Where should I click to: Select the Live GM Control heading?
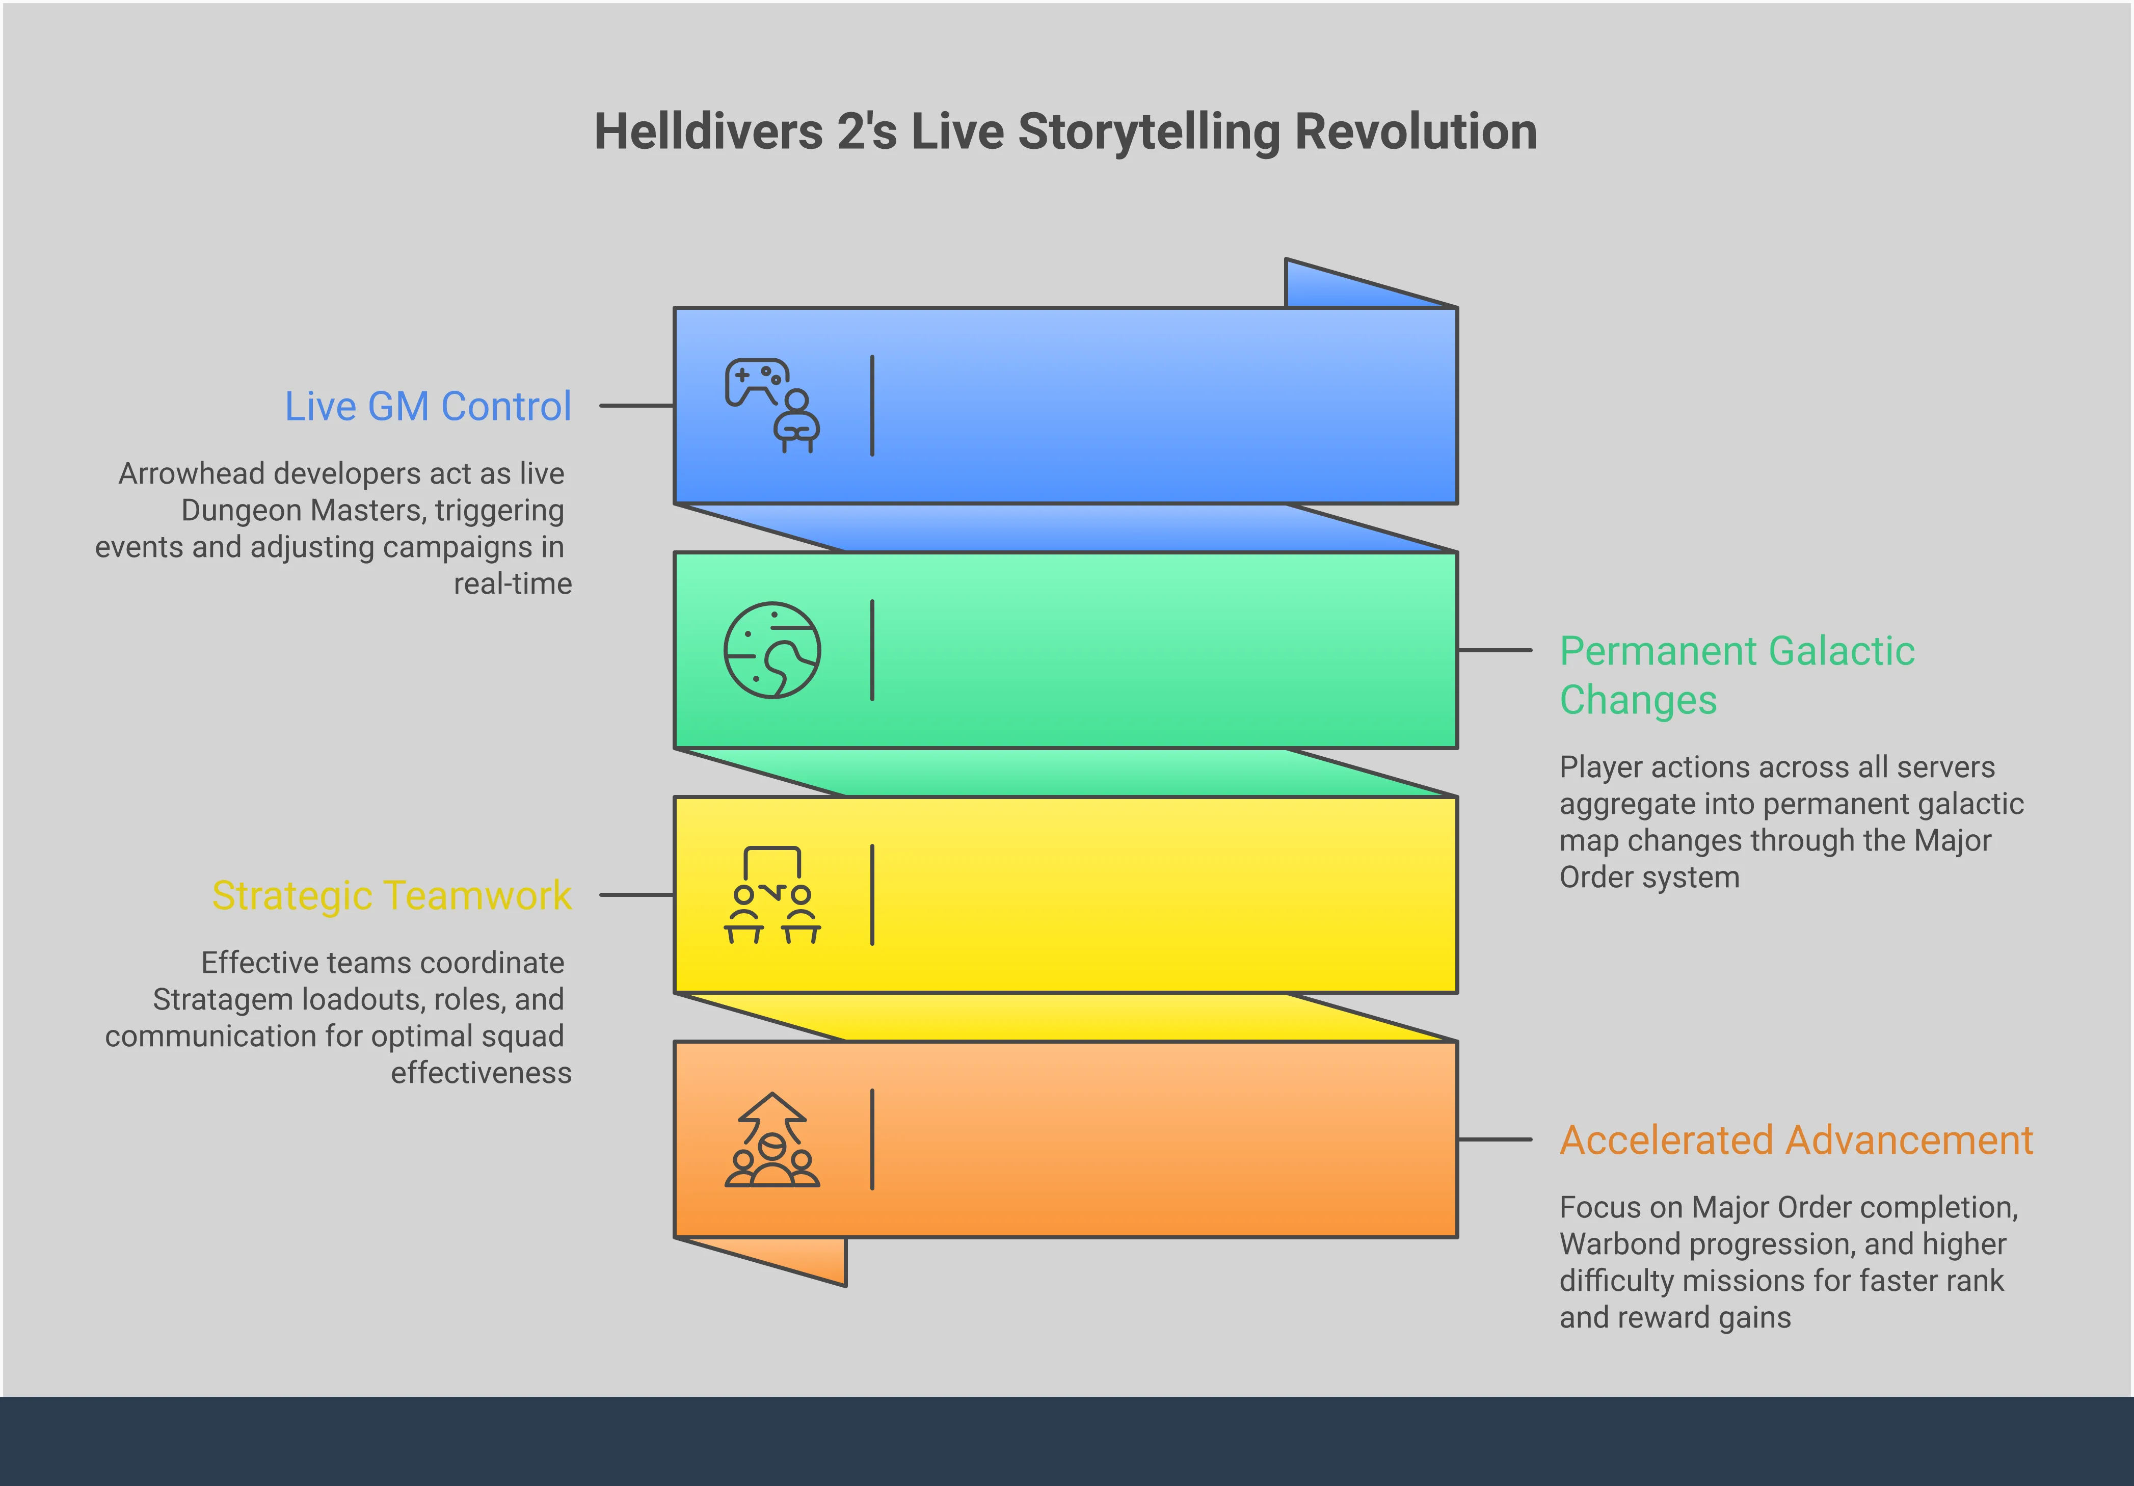point(428,406)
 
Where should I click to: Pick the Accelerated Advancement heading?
point(1796,1140)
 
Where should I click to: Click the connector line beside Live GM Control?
point(636,406)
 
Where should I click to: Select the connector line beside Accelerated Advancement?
point(1495,1139)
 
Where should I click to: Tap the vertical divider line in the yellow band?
point(872,895)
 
